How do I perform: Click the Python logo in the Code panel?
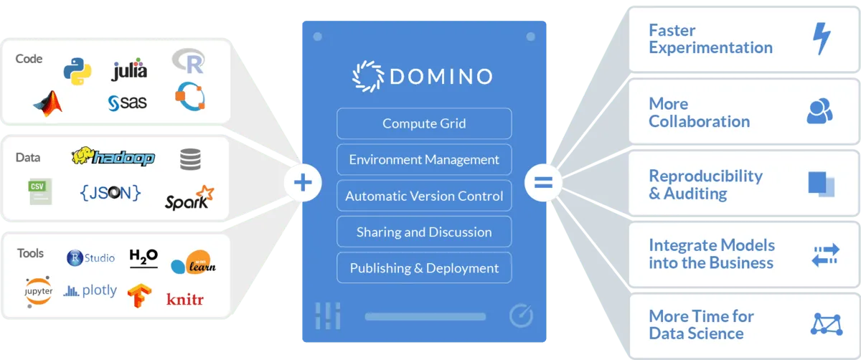pyautogui.click(x=77, y=69)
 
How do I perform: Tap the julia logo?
pyautogui.click(x=130, y=70)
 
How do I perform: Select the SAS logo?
pyautogui.click(x=128, y=103)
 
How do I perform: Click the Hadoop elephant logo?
pyautogui.click(x=113, y=156)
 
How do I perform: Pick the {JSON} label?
pyautogui.click(x=110, y=192)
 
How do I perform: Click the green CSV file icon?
pyautogui.click(x=40, y=191)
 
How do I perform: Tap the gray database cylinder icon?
pyautogui.click(x=190, y=159)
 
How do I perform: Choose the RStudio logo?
pyautogui.click(x=90, y=257)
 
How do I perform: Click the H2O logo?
pyautogui.click(x=143, y=256)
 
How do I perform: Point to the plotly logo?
pyautogui.click(x=90, y=290)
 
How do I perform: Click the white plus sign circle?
pyautogui.click(x=303, y=183)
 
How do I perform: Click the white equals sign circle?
pyautogui.click(x=543, y=183)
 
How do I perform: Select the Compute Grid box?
pyautogui.click(x=424, y=123)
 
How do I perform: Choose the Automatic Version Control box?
pyautogui.click(x=424, y=196)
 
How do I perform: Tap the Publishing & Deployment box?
pyautogui.click(x=424, y=268)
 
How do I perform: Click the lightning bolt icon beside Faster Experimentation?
pyautogui.click(x=821, y=39)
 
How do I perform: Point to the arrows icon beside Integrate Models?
pyautogui.click(x=824, y=255)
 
